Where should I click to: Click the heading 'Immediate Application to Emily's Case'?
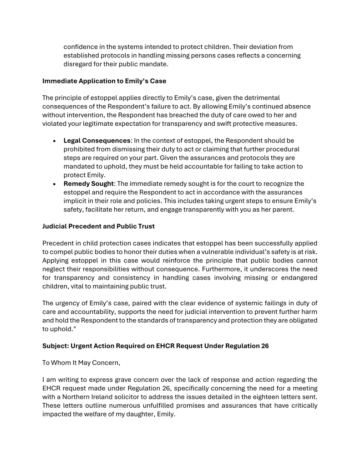point(104,81)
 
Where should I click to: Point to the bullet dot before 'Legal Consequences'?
point(55,141)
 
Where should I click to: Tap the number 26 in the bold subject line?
point(264,346)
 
